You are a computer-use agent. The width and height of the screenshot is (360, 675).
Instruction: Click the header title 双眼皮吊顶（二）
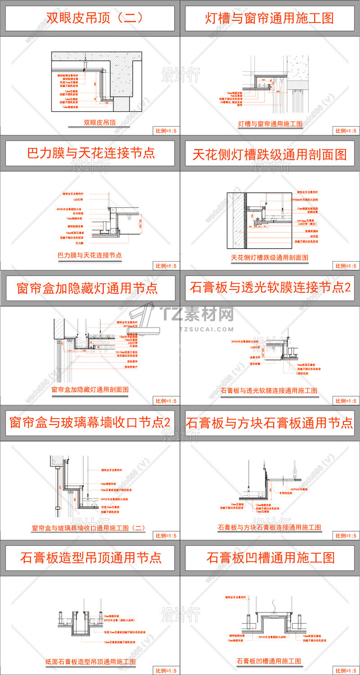click(x=95, y=18)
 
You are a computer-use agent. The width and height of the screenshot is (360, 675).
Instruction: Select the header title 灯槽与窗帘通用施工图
click(x=270, y=18)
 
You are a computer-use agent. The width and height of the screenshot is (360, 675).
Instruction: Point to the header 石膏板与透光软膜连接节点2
click(x=270, y=288)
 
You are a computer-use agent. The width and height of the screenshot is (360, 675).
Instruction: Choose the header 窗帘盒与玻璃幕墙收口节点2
click(x=90, y=423)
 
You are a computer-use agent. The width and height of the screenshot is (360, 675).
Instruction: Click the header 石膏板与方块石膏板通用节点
click(x=270, y=423)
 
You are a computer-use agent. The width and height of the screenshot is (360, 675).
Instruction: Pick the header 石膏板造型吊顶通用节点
click(x=90, y=558)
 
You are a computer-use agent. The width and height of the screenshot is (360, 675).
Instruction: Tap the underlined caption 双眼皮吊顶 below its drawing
click(x=100, y=122)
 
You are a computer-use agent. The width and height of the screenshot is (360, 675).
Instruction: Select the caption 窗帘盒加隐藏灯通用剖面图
click(x=90, y=389)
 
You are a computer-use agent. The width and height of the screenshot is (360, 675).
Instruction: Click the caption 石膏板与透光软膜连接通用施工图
click(x=269, y=390)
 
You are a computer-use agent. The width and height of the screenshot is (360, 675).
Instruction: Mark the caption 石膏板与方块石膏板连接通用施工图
click(x=269, y=527)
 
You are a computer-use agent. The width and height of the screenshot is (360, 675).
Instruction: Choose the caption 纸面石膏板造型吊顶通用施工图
click(x=90, y=661)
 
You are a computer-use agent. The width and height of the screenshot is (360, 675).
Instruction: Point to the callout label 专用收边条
click(x=285, y=493)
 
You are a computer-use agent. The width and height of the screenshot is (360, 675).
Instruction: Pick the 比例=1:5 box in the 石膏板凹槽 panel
click(x=346, y=670)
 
